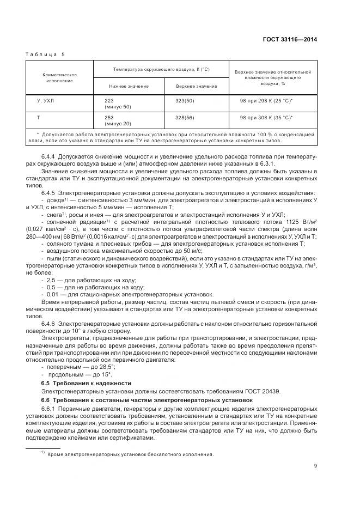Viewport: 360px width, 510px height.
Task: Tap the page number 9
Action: (x=315, y=465)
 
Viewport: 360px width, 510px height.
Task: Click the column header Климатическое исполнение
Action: (x=60, y=77)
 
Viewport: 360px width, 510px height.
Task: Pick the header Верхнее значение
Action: (x=196, y=86)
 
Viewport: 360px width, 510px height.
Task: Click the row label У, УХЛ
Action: (x=46, y=101)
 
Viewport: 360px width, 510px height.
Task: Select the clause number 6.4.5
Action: (x=48, y=193)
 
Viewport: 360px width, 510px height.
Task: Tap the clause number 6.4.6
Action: (x=48, y=324)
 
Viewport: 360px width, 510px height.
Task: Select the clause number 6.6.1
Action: (x=48, y=408)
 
